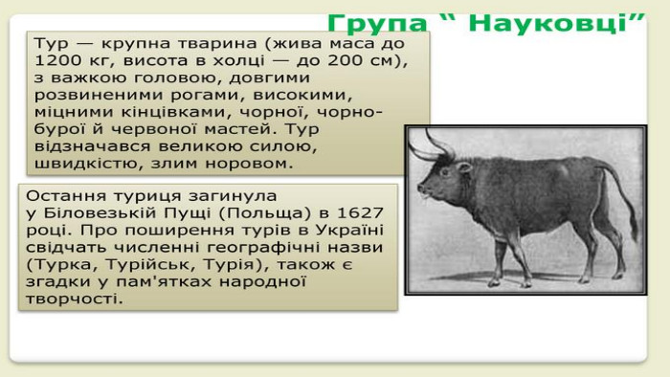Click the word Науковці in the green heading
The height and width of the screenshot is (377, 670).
550,24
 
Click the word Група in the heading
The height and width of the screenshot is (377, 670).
377,24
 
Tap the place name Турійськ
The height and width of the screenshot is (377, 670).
150,265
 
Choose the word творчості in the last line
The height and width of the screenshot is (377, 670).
74,299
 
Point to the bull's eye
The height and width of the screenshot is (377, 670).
445,172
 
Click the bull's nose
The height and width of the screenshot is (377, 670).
422,188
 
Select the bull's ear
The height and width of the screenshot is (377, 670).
463,166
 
